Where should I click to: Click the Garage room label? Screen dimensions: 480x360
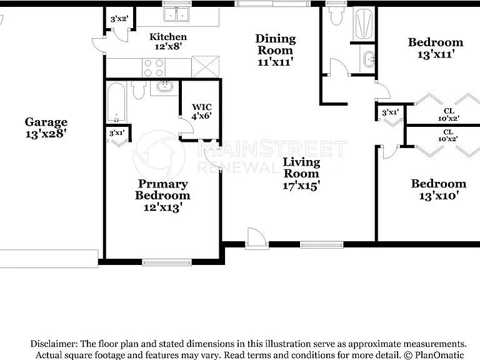pos(46,127)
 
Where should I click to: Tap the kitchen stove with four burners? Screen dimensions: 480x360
pos(154,67)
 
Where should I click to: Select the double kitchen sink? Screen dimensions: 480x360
pos(176,14)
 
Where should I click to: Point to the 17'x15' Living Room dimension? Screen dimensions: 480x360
pos(301,186)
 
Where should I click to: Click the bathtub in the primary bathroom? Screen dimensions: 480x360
pos(116,102)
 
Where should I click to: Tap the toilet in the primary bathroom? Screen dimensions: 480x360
pos(139,90)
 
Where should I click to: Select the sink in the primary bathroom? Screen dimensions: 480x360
pos(165,87)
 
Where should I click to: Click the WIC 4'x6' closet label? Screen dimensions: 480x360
pos(202,111)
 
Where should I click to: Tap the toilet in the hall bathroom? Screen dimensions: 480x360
pos(337,15)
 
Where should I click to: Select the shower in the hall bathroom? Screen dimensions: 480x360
pos(364,24)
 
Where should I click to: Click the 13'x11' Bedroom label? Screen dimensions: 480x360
pos(436,48)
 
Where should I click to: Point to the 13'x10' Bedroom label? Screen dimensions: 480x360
pos(439,189)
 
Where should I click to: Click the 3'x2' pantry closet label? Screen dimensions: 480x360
pos(119,19)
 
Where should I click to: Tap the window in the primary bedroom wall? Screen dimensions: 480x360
pos(167,262)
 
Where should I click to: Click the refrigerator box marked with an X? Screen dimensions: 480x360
pos(206,67)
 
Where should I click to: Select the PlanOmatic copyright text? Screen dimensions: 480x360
pos(434,355)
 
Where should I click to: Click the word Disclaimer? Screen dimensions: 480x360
pos(54,344)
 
